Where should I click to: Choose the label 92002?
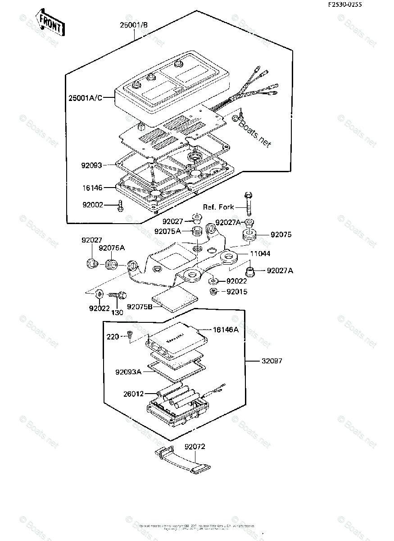click(x=92, y=205)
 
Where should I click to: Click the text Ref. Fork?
click(x=218, y=207)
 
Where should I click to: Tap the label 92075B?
click(x=138, y=307)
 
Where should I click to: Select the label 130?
click(x=117, y=312)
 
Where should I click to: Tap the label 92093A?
click(x=128, y=372)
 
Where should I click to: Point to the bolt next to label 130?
click(x=116, y=295)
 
